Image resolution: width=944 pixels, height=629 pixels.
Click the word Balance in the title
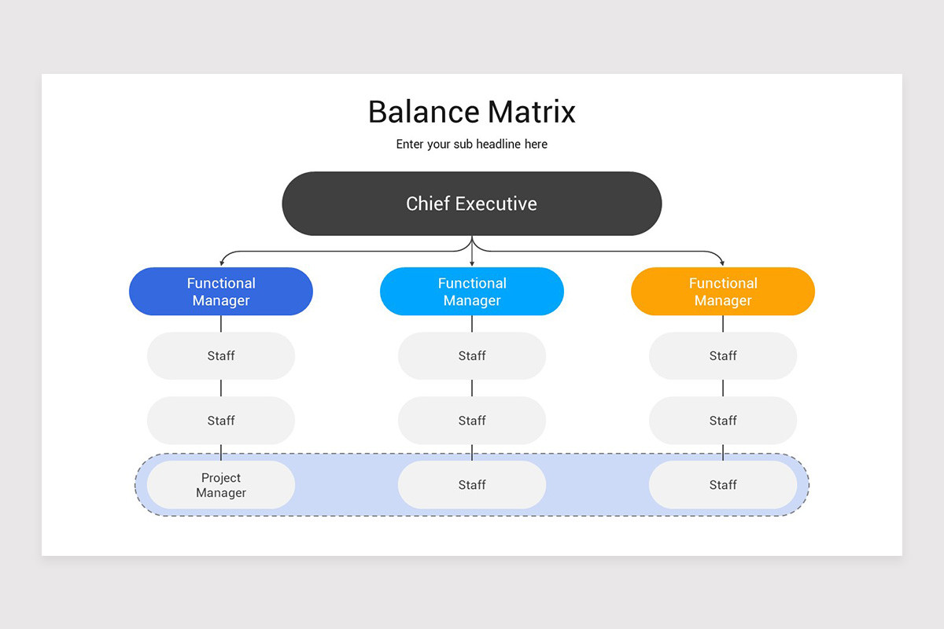(x=424, y=112)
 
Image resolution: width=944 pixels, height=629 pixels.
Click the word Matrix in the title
(x=532, y=112)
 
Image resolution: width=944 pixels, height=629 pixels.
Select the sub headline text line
(x=471, y=144)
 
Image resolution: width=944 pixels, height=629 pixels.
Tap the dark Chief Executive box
(x=471, y=204)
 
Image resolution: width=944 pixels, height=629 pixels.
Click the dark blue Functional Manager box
(x=221, y=291)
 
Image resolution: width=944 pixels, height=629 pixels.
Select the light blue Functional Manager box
(x=471, y=291)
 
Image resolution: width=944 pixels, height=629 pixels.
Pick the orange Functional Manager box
(x=723, y=291)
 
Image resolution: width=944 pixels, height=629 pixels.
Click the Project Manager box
(x=221, y=484)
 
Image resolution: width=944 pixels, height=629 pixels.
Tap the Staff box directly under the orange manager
(x=723, y=355)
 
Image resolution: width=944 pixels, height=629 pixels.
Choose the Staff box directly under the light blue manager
(x=471, y=355)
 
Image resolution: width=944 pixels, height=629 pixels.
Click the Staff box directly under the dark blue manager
(x=221, y=355)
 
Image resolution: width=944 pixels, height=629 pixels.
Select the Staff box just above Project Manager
(x=221, y=420)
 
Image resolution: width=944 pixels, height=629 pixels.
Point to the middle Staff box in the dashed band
(x=471, y=484)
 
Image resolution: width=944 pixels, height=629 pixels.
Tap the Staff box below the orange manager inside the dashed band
(x=723, y=484)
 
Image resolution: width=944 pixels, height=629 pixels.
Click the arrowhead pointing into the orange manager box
(x=722, y=263)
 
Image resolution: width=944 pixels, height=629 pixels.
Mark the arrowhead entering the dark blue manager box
(x=222, y=263)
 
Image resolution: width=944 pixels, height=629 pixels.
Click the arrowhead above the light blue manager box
(x=472, y=263)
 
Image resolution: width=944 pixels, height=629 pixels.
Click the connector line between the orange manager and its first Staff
(x=723, y=324)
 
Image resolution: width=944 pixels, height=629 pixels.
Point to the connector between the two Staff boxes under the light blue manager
(x=471, y=388)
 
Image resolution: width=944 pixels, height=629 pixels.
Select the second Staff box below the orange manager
(x=723, y=420)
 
